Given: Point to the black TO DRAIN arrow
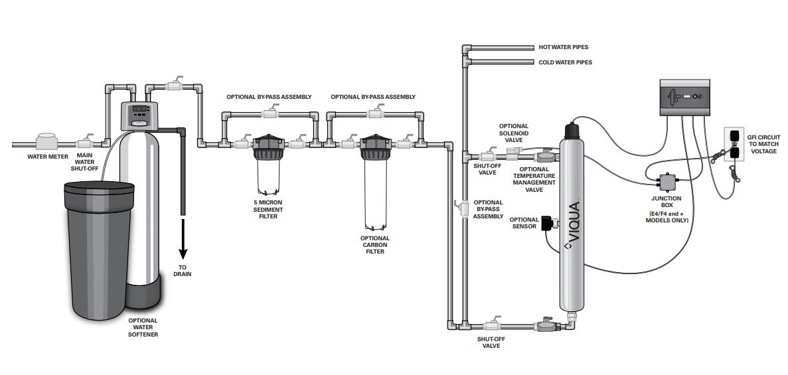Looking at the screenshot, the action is click(x=183, y=237).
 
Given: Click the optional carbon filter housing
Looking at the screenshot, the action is click(x=375, y=181).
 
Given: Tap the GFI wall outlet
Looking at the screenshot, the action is click(x=733, y=144).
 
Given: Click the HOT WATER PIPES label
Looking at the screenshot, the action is click(x=564, y=47).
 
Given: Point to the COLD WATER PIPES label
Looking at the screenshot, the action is click(x=566, y=63).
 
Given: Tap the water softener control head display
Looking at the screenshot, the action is click(x=140, y=108).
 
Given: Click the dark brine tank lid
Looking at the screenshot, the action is click(x=100, y=188).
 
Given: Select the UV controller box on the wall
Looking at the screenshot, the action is click(x=684, y=98).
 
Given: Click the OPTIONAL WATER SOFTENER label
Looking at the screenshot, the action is click(x=143, y=327).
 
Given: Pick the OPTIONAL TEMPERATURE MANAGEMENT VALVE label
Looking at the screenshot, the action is click(x=534, y=179).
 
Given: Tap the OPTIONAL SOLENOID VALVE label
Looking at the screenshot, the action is click(x=514, y=133).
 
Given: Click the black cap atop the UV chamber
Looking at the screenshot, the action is click(x=572, y=131).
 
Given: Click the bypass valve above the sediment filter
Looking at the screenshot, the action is click(x=272, y=113).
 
